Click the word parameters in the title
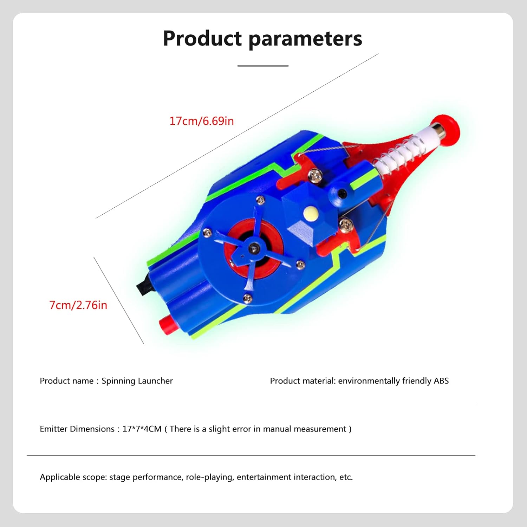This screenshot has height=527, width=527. coord(305,39)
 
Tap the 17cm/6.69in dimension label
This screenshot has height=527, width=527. coord(202,121)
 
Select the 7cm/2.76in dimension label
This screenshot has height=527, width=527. coord(78,305)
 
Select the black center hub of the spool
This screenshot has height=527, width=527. coord(253,248)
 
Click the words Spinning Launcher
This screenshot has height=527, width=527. coord(137,381)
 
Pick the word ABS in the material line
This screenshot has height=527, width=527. coord(441,381)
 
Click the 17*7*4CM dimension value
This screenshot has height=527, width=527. coord(142,429)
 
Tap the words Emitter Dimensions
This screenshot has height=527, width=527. coord(77,429)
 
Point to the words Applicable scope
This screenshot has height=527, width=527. coord(73,477)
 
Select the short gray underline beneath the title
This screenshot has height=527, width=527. coord(263,66)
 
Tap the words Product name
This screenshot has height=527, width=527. coord(66,381)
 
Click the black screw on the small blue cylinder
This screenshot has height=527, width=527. coord(341,193)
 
